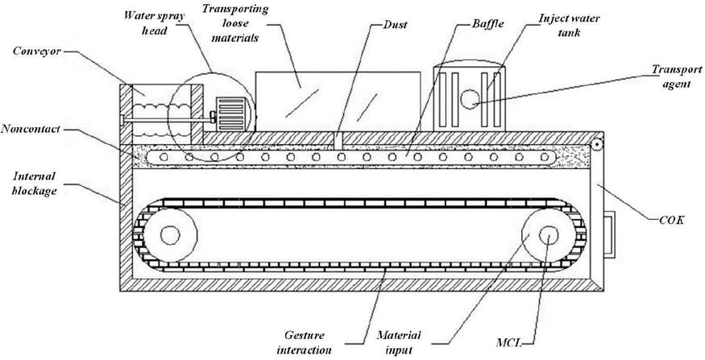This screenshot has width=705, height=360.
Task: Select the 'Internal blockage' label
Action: click(x=32, y=181)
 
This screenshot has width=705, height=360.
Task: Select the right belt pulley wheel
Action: click(x=549, y=235)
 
